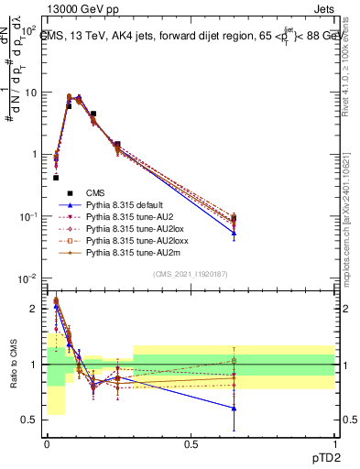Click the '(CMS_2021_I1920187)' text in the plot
click(x=190, y=274)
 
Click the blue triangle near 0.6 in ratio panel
click(x=234, y=409)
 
